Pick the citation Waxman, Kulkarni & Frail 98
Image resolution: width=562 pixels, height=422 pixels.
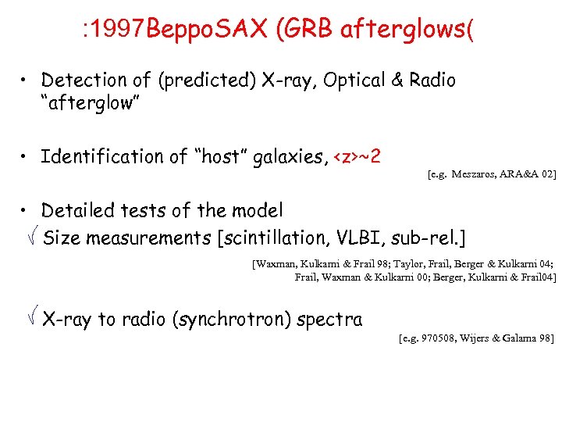[318, 264]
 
